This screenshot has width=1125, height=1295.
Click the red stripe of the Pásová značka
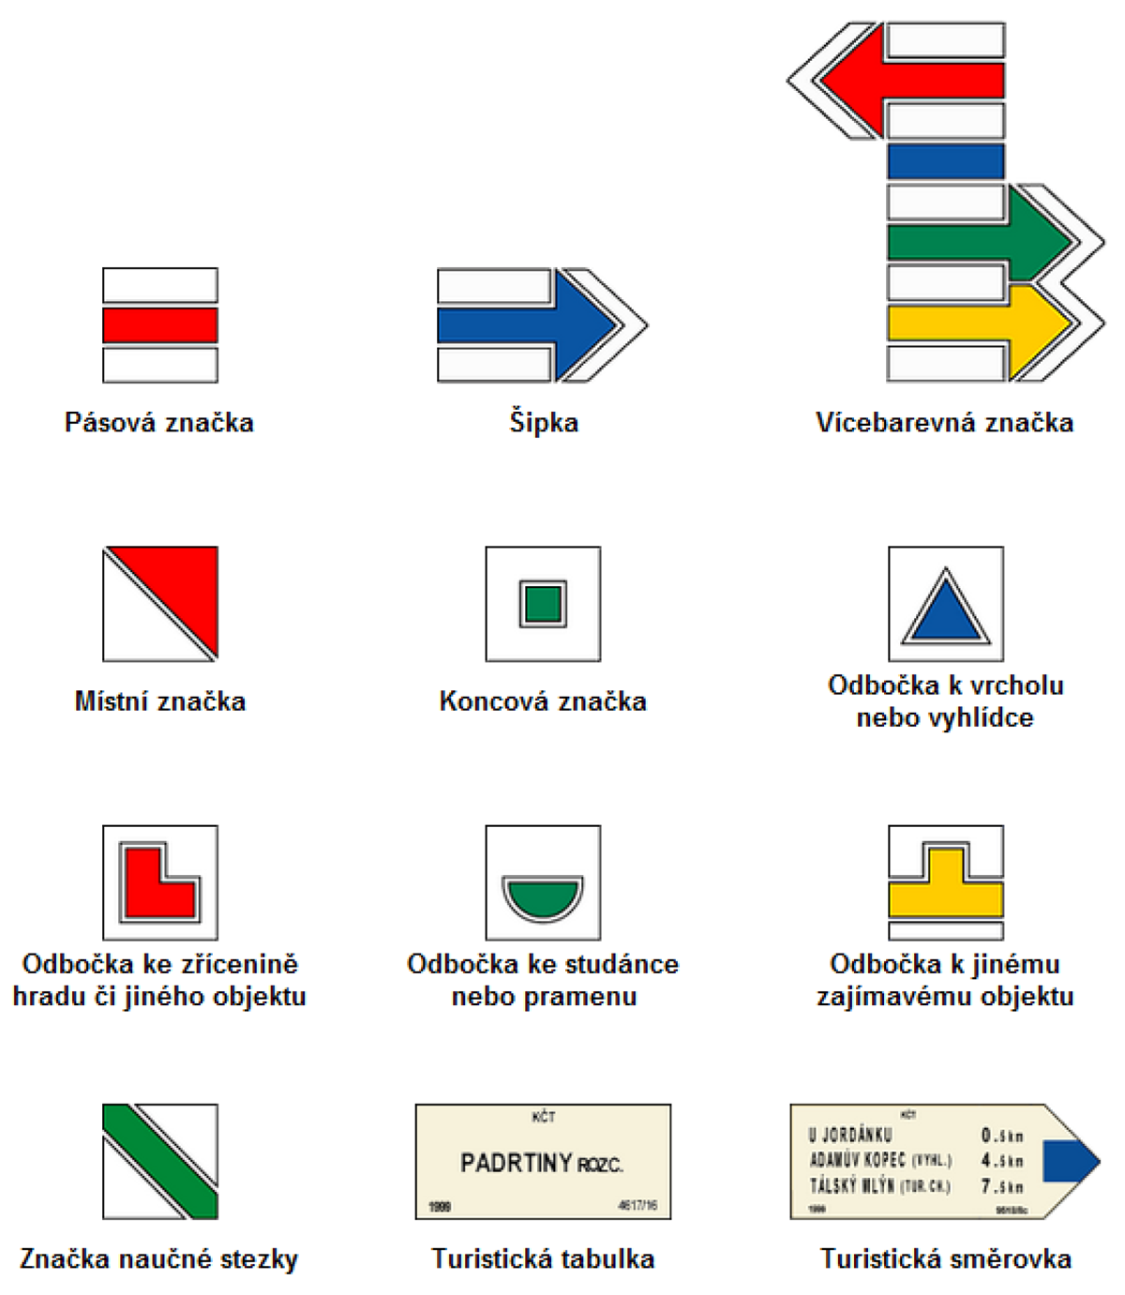pyautogui.click(x=160, y=325)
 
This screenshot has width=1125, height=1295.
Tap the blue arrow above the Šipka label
pyautogui.click(x=525, y=324)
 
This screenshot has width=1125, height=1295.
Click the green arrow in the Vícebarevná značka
pyautogui.click(x=975, y=241)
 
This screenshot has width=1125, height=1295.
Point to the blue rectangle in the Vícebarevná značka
pyautogui.click(x=945, y=161)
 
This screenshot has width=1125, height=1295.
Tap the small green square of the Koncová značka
pyautogui.click(x=543, y=604)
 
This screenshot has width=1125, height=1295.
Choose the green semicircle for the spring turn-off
pyautogui.click(x=543, y=895)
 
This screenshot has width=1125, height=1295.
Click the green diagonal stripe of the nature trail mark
pyautogui.click(x=159, y=1161)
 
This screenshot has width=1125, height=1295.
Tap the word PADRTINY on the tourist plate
pyautogui.click(x=516, y=1164)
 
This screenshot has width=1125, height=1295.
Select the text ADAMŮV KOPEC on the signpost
pyautogui.click(x=858, y=1160)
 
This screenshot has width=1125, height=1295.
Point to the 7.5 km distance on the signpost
pyautogui.click(x=1001, y=1186)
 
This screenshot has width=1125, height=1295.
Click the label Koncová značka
pyautogui.click(x=543, y=701)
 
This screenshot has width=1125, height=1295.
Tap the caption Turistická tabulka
pyautogui.click(x=543, y=1258)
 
